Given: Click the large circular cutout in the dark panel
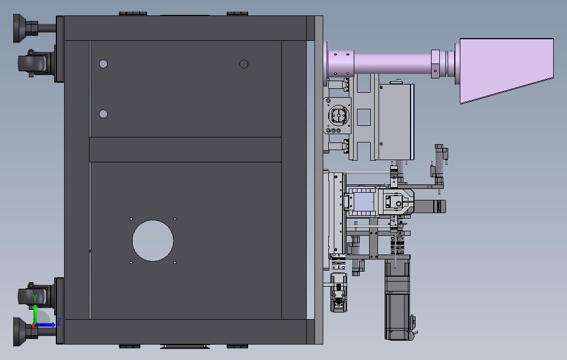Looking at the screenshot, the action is [x=153, y=240].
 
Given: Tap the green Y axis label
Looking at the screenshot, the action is [x=35, y=298].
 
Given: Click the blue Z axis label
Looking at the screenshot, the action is [x=59, y=322].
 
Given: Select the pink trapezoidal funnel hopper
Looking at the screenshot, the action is [x=506, y=68].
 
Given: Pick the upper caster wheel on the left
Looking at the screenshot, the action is [x=32, y=63].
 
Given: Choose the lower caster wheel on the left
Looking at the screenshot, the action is [x=32, y=295].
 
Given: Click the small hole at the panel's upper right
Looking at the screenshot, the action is [x=244, y=64].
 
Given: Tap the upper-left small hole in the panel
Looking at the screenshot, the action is [x=103, y=64].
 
